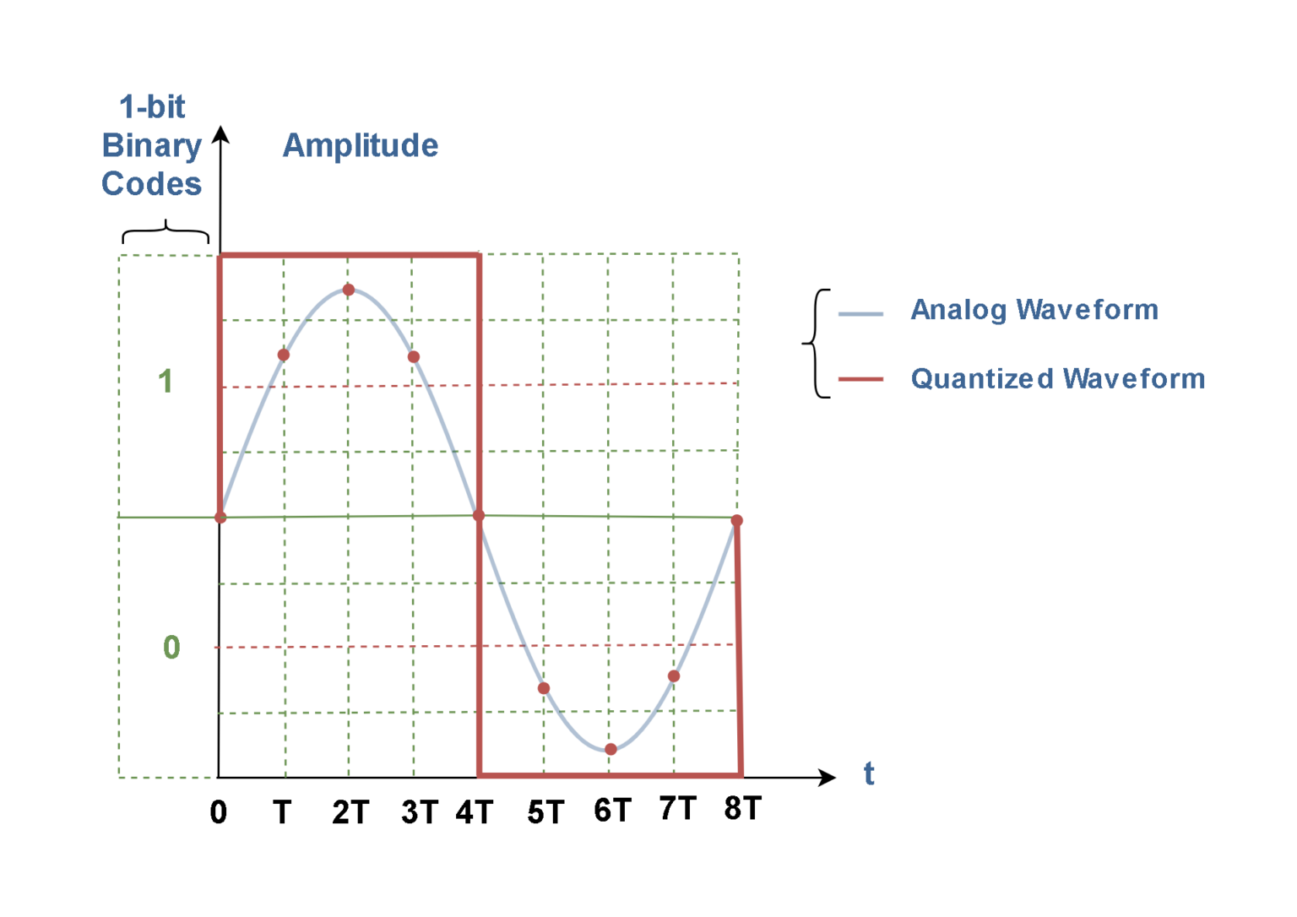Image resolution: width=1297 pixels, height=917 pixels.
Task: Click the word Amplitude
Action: click(x=360, y=146)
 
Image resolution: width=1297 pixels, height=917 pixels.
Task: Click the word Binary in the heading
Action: click(x=152, y=146)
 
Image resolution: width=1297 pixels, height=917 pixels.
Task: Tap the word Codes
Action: click(x=152, y=184)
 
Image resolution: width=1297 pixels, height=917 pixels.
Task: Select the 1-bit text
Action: click(x=152, y=107)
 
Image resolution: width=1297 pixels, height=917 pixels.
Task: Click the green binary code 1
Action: click(x=166, y=382)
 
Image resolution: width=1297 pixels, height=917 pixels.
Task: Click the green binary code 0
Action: click(x=171, y=648)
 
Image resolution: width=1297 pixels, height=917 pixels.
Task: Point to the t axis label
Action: click(x=869, y=773)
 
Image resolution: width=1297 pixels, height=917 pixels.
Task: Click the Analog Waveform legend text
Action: click(x=1034, y=310)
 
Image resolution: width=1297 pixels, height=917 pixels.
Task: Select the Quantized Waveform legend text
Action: click(x=1057, y=379)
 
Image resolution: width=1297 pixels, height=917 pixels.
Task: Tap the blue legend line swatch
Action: click(x=860, y=314)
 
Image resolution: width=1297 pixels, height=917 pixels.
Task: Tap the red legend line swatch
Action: click(x=860, y=380)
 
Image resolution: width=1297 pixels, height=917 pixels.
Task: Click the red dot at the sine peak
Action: click(x=348, y=290)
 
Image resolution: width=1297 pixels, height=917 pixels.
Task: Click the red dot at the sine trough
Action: click(x=611, y=749)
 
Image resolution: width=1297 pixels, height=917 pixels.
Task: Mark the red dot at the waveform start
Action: click(x=220, y=517)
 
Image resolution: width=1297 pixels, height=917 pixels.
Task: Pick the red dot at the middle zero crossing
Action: click(x=479, y=516)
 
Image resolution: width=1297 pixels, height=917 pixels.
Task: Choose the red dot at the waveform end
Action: click(x=737, y=520)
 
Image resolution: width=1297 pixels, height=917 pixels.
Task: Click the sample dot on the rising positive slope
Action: click(x=284, y=355)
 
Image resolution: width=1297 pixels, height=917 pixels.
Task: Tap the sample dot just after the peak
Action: click(x=414, y=356)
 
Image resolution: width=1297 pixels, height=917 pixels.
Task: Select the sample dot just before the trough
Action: click(x=544, y=688)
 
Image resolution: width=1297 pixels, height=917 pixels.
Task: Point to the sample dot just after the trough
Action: click(x=674, y=676)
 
